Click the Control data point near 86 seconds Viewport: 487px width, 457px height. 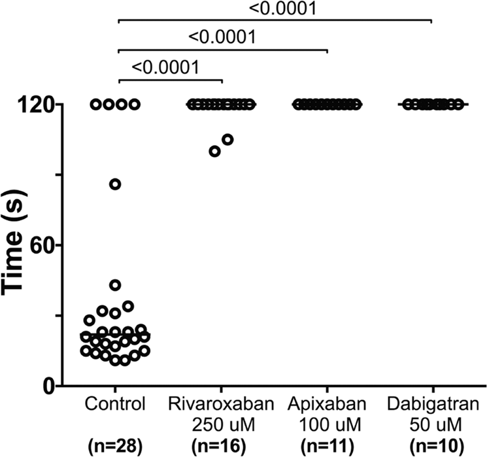[115, 184]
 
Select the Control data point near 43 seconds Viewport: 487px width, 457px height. [115, 285]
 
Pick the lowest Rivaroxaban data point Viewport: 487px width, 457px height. [214, 152]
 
